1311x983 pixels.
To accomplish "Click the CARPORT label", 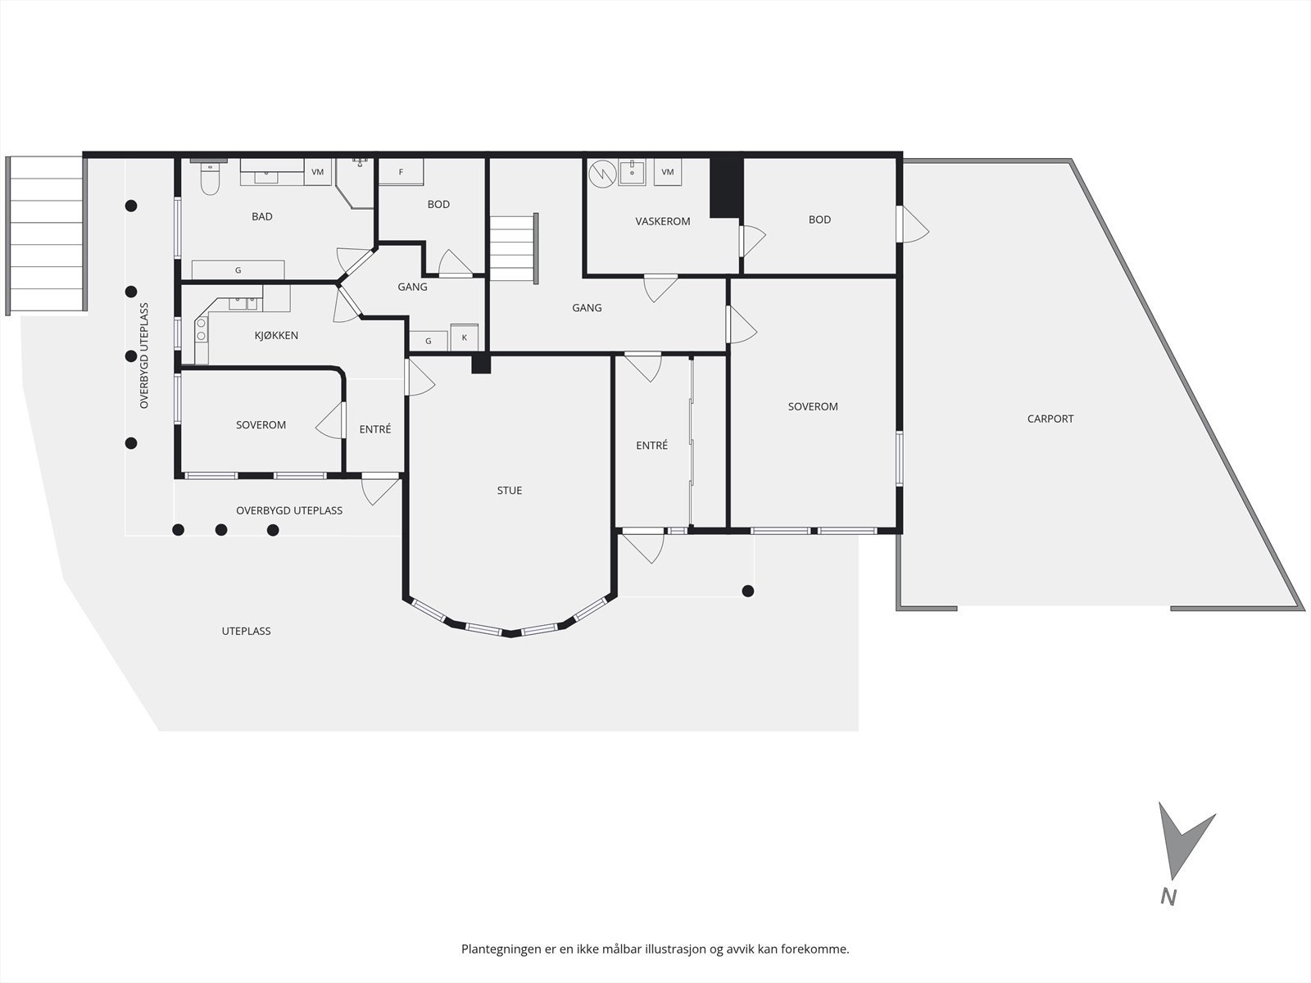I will [x=1050, y=419].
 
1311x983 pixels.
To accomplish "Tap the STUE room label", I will [x=509, y=491].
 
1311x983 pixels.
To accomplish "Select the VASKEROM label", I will [x=663, y=221].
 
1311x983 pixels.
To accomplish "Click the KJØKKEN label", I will [x=276, y=335].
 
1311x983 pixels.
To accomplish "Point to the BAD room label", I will [x=262, y=216].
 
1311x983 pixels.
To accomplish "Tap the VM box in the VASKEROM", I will [x=668, y=172].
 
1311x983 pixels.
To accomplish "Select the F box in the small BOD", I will [x=401, y=172].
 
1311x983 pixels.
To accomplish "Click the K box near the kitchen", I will [x=465, y=337].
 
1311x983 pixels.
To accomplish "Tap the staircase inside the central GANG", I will [x=513, y=248].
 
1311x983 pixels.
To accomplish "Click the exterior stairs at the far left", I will [x=47, y=235].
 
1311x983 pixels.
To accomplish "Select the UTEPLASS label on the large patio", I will [x=246, y=631].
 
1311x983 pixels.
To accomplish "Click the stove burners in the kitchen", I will [x=201, y=329].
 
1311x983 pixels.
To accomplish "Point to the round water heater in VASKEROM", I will [x=602, y=172].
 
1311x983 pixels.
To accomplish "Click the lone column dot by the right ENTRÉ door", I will [x=747, y=591].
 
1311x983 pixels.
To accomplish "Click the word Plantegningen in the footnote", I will [x=501, y=949].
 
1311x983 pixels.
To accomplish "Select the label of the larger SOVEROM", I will [x=813, y=406].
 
